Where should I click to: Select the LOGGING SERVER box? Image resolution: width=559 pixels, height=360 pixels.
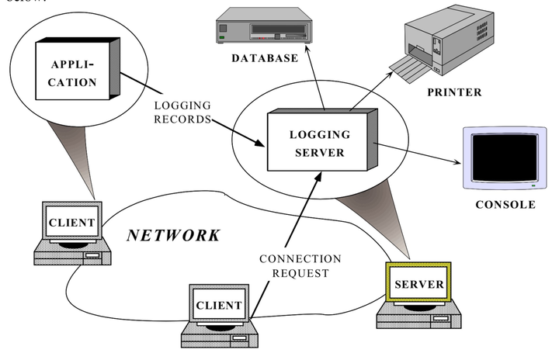click(x=321, y=142)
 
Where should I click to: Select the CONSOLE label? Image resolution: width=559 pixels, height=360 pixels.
click(x=505, y=205)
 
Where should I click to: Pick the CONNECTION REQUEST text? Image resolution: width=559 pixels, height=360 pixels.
click(x=300, y=265)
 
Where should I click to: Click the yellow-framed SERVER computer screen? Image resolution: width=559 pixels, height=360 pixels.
click(x=418, y=284)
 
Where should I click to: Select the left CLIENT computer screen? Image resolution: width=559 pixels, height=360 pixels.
click(x=72, y=223)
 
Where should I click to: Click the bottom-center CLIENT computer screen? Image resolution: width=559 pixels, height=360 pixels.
click(x=218, y=304)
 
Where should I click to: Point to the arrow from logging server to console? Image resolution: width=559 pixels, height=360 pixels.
click(x=419, y=153)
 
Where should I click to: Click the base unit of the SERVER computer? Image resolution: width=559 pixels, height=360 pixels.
click(x=419, y=313)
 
